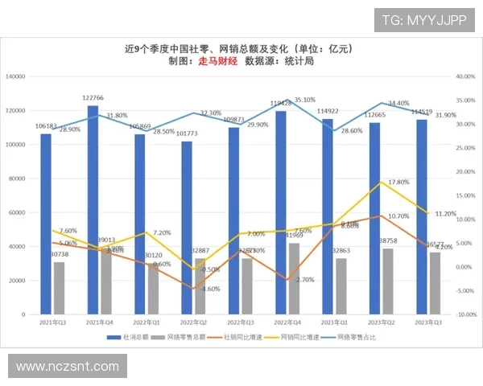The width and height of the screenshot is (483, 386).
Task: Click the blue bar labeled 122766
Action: (93, 209)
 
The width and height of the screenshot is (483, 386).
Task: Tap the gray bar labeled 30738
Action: (59, 288)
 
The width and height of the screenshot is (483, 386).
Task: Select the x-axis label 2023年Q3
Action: (427, 323)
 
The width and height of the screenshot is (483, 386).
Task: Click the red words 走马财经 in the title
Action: (217, 61)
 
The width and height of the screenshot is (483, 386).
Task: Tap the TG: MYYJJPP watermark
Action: (423, 20)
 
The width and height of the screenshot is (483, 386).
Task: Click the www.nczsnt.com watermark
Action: (68, 367)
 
